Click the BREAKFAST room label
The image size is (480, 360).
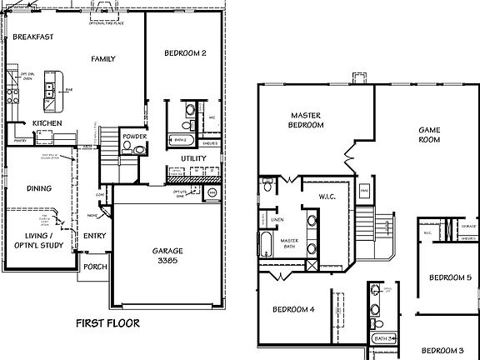[33, 37]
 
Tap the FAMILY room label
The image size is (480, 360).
[103, 58]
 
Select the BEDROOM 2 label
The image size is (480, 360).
[185, 54]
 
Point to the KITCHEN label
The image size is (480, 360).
[47, 123]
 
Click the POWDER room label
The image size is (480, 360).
[133, 136]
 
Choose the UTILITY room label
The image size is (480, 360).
[193, 158]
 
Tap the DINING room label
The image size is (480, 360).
[40, 188]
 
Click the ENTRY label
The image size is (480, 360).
[94, 236]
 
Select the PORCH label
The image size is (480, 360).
[93, 267]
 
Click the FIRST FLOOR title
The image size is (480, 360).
[107, 322]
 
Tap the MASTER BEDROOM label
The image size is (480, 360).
[307, 120]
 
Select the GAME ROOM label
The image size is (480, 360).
[428, 136]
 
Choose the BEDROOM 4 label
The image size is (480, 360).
[293, 310]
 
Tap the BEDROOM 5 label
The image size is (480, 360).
[450, 277]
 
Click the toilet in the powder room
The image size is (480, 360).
[127, 147]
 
